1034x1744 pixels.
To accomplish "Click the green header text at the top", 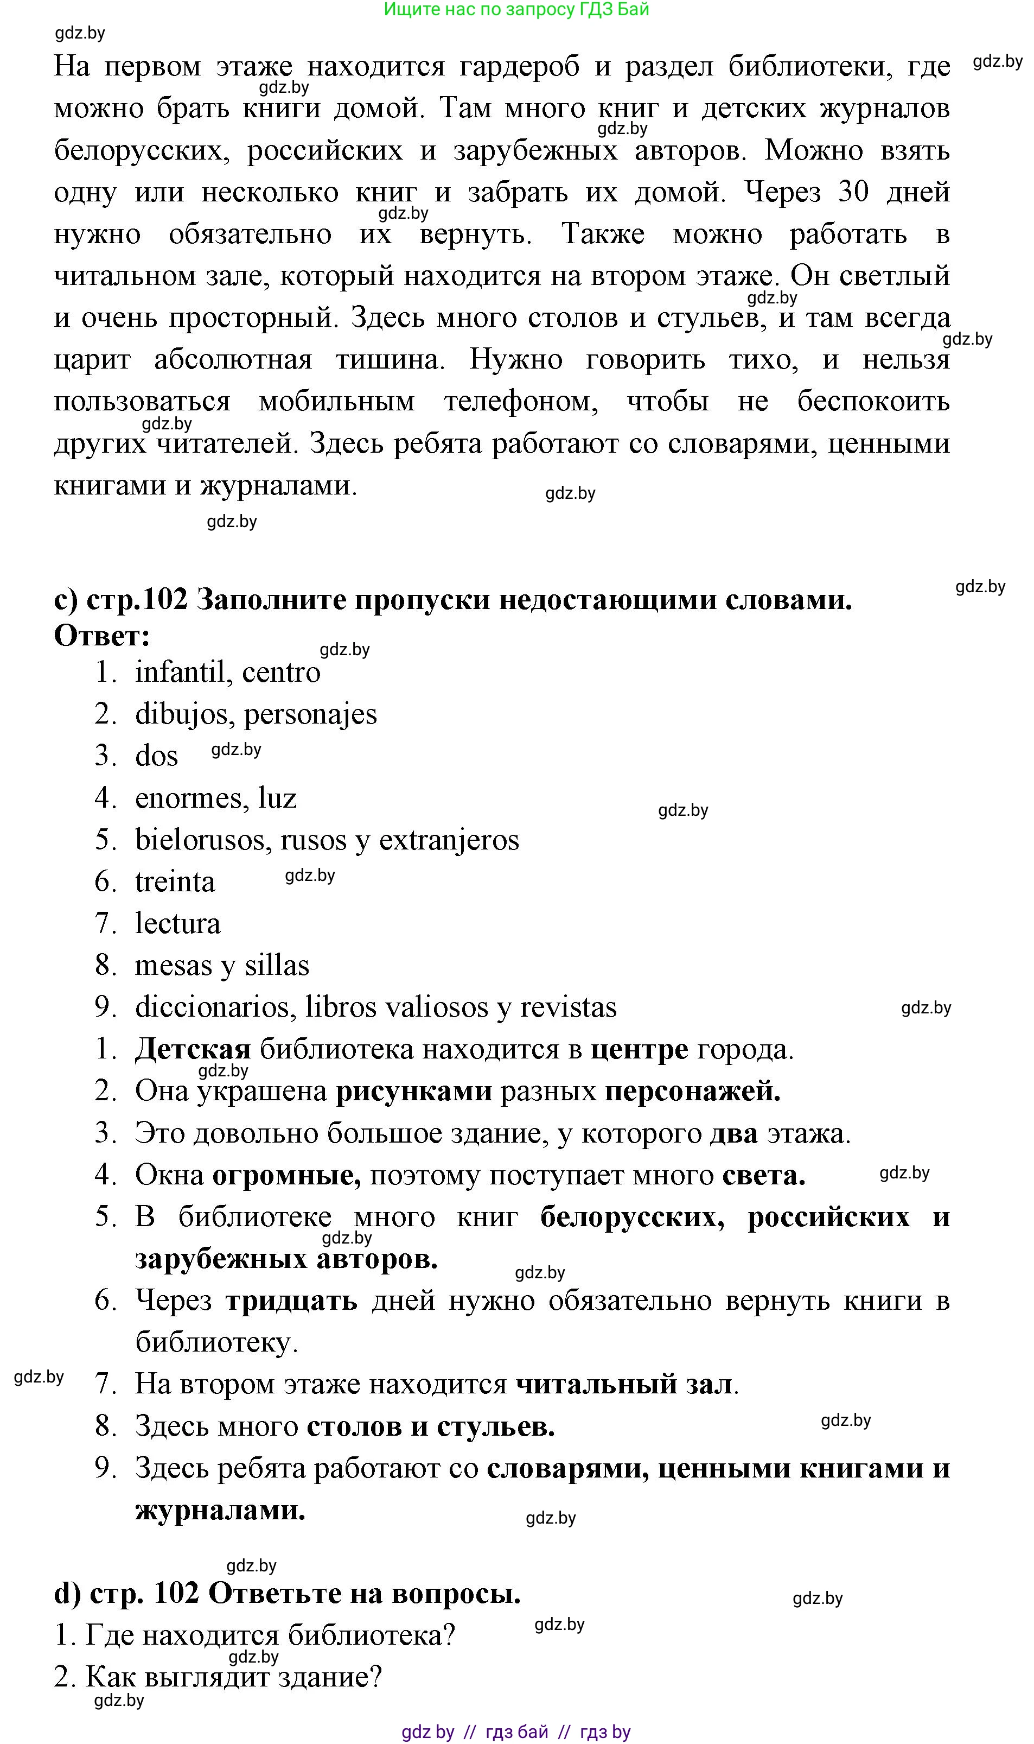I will point(516,10).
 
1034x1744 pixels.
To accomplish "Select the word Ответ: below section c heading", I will point(102,636).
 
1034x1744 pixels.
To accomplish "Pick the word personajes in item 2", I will point(310,714).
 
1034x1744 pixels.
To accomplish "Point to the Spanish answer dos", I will point(156,756).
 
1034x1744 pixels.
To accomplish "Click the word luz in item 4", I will point(277,798).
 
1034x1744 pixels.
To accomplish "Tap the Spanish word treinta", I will point(175,881).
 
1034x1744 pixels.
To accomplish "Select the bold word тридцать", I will point(291,1301).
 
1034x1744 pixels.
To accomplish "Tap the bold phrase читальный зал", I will point(624,1384).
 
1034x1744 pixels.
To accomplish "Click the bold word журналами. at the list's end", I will point(220,1511).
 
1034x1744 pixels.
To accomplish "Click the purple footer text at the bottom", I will point(516,1732).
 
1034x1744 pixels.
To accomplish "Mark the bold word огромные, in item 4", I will point(286,1175).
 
